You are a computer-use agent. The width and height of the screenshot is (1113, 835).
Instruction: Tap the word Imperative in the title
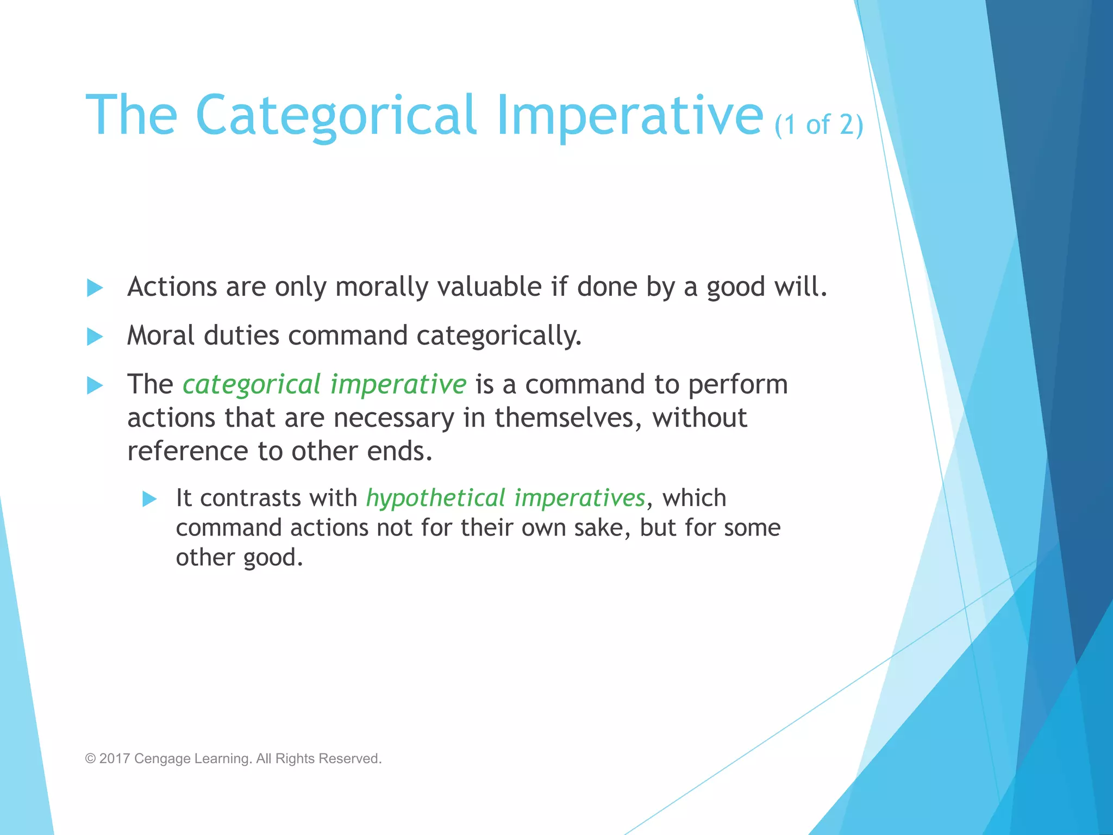tap(629, 115)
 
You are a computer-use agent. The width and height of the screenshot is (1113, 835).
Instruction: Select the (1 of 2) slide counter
tap(818, 125)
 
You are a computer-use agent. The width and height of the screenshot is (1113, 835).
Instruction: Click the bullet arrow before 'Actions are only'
tap(95, 288)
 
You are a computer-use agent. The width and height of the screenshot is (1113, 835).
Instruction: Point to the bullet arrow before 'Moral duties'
tap(95, 337)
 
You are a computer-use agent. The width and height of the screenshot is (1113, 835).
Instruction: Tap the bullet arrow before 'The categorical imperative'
tap(95, 385)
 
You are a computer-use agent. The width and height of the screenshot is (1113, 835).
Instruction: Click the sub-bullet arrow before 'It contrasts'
tap(149, 498)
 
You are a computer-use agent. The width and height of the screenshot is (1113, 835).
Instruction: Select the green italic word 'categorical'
tap(252, 385)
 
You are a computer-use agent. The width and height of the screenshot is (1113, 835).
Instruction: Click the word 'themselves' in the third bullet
tap(563, 418)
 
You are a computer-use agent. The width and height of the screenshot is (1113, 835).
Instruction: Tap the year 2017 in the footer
tap(115, 758)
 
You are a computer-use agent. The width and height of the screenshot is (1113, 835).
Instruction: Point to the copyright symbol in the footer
tap(90, 758)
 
